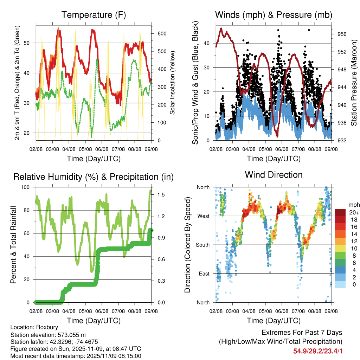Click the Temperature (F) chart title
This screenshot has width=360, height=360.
coord(94,15)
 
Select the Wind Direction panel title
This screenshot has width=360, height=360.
coord(274,174)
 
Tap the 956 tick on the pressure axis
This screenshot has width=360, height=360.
coord(342,34)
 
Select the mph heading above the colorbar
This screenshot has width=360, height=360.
coord(353,205)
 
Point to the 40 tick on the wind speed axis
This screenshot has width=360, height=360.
coord(207,43)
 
